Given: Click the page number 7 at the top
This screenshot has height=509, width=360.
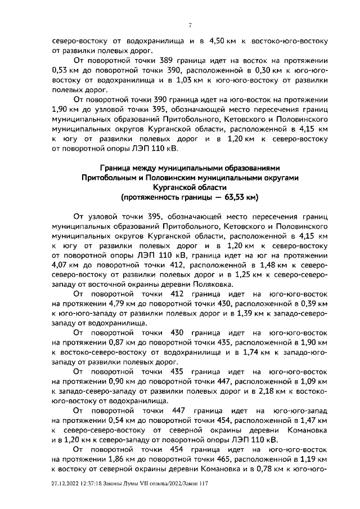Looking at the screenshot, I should click(x=191, y=25).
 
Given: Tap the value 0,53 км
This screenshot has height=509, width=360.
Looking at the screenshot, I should click(x=63, y=70).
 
